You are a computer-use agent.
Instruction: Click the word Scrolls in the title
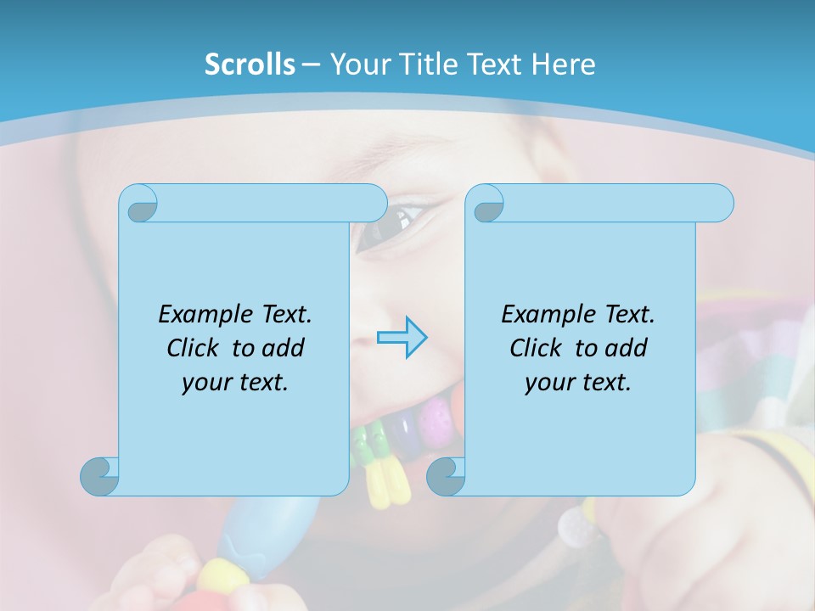(250, 64)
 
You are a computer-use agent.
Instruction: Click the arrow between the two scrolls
(402, 338)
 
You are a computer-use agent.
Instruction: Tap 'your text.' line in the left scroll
(234, 383)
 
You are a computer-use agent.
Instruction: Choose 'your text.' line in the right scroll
(577, 383)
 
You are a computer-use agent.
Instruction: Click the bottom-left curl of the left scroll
(99, 476)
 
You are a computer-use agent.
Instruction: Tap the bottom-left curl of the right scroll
(446, 476)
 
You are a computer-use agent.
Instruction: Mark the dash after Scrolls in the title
(312, 64)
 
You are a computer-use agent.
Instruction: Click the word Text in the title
(492, 64)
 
